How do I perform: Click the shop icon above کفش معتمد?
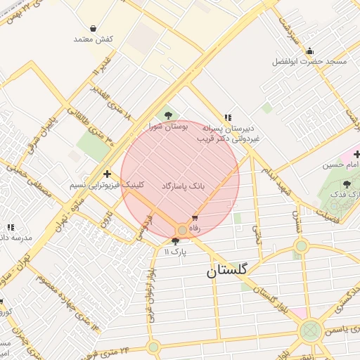[94, 29]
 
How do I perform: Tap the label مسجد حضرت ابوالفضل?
[310, 62]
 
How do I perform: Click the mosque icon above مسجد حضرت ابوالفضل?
[309, 51]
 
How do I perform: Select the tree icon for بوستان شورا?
[167, 115]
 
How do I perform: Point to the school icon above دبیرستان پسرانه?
[227, 117]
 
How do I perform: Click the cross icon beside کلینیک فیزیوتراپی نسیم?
[107, 174]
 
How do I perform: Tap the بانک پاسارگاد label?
[183, 186]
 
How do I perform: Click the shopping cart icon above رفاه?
[195, 218]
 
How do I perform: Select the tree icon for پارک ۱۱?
[175, 241]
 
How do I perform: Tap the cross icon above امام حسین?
[356, 154]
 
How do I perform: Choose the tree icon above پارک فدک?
[347, 184]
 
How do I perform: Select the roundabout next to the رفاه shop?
[182, 230]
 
